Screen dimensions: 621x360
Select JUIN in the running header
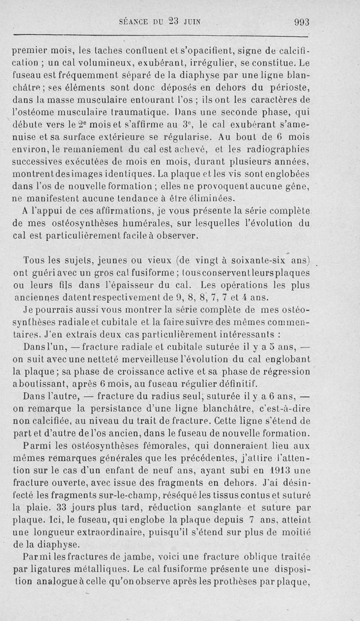(191, 22)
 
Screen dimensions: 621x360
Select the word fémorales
(173, 447)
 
